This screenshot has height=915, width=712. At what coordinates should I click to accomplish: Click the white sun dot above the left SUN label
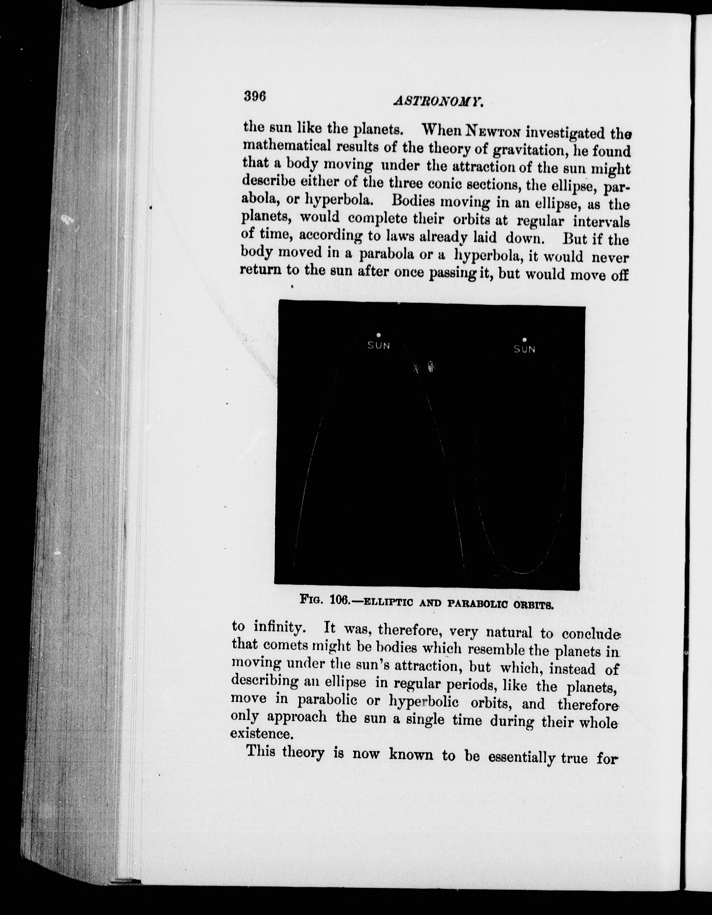[378, 335]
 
